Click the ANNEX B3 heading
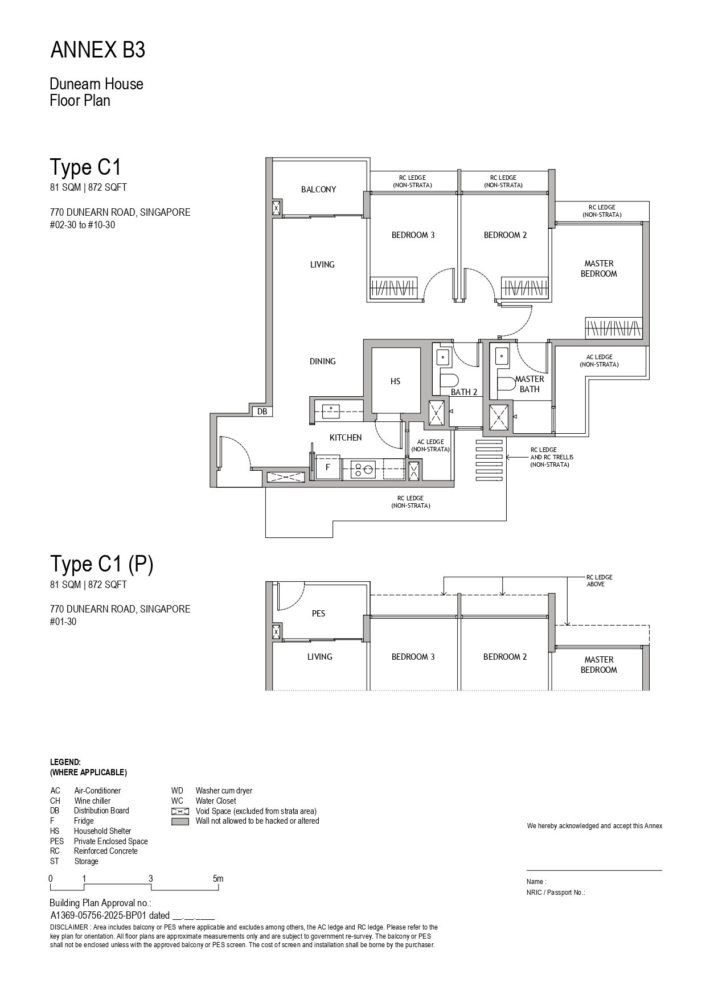point(98,51)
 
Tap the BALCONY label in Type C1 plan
point(318,190)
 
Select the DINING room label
point(322,361)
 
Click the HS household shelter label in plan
point(395,381)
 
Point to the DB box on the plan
point(262,411)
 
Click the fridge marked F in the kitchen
point(327,467)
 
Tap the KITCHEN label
point(346,438)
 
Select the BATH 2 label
point(464,392)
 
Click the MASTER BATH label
point(529,384)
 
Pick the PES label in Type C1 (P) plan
point(318,614)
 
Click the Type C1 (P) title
point(101,564)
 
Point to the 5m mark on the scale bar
point(218,878)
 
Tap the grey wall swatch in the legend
point(180,821)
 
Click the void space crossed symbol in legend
point(180,811)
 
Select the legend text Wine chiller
point(92,801)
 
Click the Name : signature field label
point(536,882)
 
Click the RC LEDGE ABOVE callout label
point(600,581)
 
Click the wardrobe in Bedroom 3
point(394,287)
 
